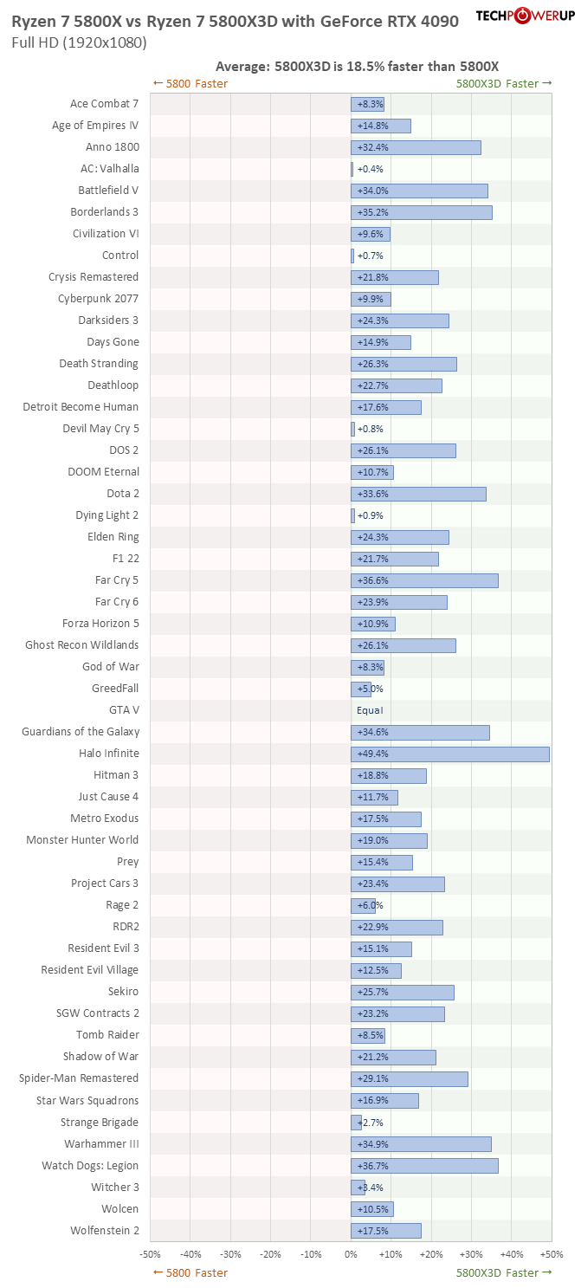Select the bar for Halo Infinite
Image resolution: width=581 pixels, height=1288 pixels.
(449, 754)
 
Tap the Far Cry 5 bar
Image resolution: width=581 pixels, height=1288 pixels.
(424, 580)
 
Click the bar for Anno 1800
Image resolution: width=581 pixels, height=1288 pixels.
(416, 147)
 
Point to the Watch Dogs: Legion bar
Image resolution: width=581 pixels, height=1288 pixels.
(424, 1166)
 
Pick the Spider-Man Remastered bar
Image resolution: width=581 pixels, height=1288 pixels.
(409, 1078)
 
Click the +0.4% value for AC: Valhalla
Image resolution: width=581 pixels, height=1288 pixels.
(370, 169)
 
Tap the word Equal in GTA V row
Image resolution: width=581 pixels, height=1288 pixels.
(370, 710)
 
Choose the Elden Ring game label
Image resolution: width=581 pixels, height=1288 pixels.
(113, 537)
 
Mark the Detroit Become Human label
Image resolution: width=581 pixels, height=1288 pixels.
(81, 407)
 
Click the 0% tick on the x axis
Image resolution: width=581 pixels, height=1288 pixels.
(351, 1253)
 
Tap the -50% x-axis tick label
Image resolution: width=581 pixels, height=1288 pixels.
(150, 1253)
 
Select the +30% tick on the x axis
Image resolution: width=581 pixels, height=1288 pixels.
(471, 1253)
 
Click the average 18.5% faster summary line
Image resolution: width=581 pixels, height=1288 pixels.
(357, 66)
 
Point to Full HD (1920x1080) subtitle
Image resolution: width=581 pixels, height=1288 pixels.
(79, 42)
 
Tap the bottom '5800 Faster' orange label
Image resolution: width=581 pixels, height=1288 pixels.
(190, 1272)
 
